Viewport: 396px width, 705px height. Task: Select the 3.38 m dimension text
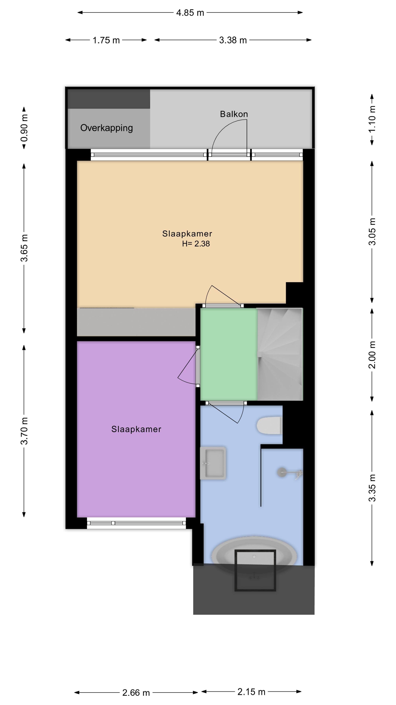pos(233,40)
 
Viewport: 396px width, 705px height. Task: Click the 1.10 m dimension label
pos(372,119)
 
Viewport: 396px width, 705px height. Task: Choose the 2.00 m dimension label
pos(372,355)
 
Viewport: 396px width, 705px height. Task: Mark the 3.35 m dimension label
pos(372,488)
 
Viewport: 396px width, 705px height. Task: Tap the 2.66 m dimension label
pos(136,693)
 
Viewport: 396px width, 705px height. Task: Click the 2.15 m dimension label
pos(251,692)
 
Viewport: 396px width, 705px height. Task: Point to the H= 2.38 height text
pos(196,244)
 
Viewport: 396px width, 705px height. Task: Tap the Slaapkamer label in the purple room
pos(136,429)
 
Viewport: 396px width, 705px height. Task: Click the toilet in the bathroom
pos(269,425)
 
